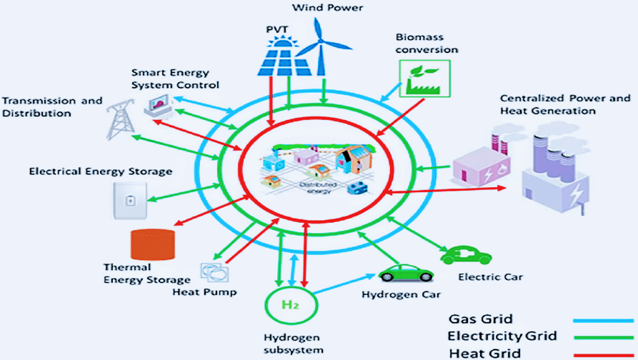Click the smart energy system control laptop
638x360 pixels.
click(159, 106)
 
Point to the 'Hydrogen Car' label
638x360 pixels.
click(401, 294)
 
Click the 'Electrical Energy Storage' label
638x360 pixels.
click(101, 171)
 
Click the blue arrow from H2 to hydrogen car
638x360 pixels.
click(344, 282)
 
